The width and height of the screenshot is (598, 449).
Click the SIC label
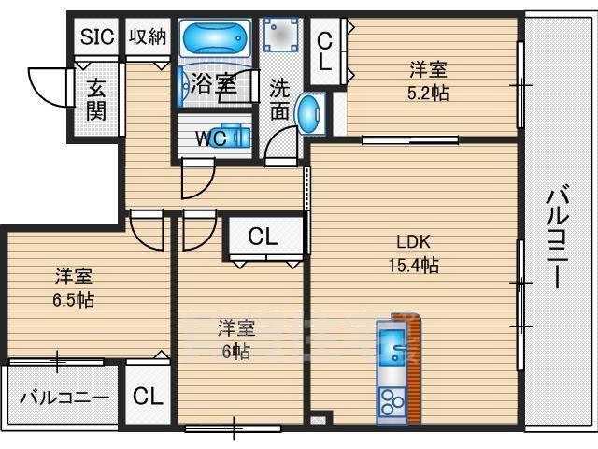(x=96, y=36)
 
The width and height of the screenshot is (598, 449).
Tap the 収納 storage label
(x=148, y=36)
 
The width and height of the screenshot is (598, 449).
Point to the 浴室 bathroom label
(x=213, y=83)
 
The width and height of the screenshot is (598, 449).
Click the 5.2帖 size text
(x=429, y=94)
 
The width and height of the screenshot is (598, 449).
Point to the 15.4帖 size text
(x=413, y=265)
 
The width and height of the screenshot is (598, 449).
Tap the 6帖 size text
(x=235, y=352)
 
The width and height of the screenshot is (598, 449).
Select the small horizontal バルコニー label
(x=64, y=397)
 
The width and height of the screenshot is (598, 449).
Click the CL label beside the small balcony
(x=147, y=396)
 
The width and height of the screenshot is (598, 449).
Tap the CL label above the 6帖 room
(x=263, y=238)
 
